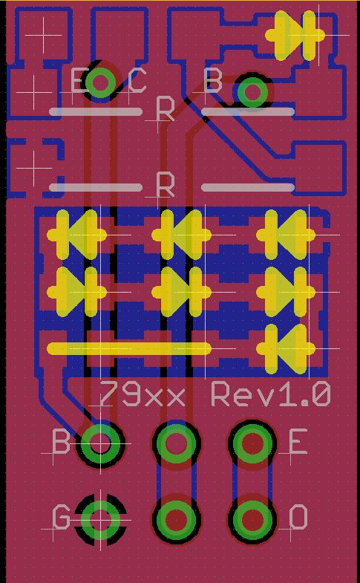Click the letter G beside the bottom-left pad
tap(61, 516)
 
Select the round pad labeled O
tap(252, 518)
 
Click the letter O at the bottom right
tap(298, 517)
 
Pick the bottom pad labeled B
tap(100, 443)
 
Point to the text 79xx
tap(143, 394)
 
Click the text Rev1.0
tap(271, 394)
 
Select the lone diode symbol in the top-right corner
tap(295, 36)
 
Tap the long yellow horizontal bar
tap(129, 348)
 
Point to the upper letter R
tap(166, 108)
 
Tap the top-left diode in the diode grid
tap(77, 235)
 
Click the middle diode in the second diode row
tap(182, 292)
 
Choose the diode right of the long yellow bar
tap(286, 349)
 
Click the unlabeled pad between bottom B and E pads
tap(176, 443)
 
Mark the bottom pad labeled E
tap(252, 443)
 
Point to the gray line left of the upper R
tap(96, 111)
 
